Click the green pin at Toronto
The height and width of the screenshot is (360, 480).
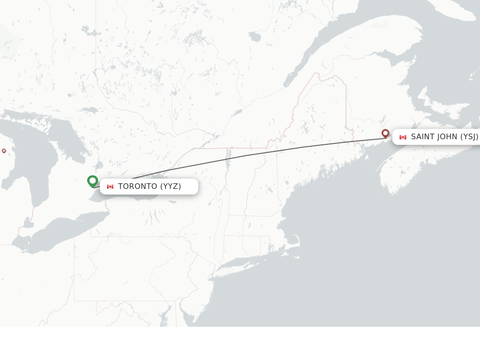pyautogui.click(x=92, y=180)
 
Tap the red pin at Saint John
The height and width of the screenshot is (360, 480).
pyautogui.click(x=385, y=134)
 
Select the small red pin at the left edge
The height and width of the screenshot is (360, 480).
pyautogui.click(x=4, y=150)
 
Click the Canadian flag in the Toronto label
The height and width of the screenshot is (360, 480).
pyautogui.click(x=110, y=187)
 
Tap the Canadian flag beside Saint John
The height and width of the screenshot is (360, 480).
pyautogui.click(x=403, y=137)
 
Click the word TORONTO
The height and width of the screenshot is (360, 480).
pyautogui.click(x=137, y=187)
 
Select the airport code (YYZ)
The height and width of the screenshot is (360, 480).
pyautogui.click(x=171, y=187)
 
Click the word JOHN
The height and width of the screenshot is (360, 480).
pyautogui.click(x=448, y=137)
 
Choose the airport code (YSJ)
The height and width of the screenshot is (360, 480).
pyautogui.click(x=469, y=137)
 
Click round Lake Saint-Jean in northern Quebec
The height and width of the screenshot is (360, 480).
pyautogui.click(x=255, y=37)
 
